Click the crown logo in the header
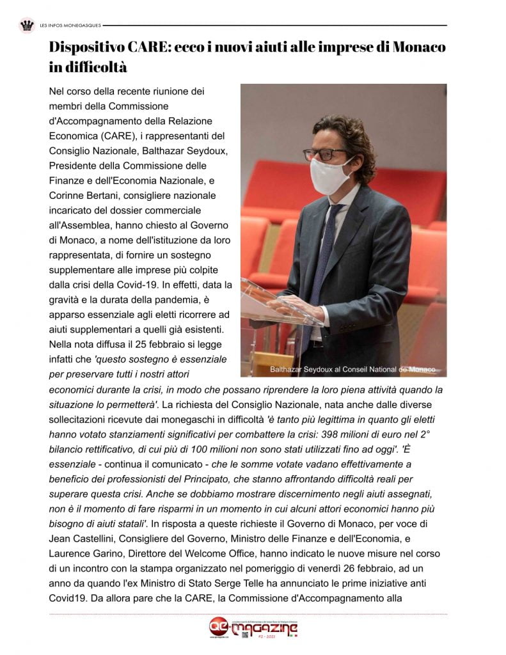[x=27, y=26]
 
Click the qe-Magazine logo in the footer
[x=253, y=629]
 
